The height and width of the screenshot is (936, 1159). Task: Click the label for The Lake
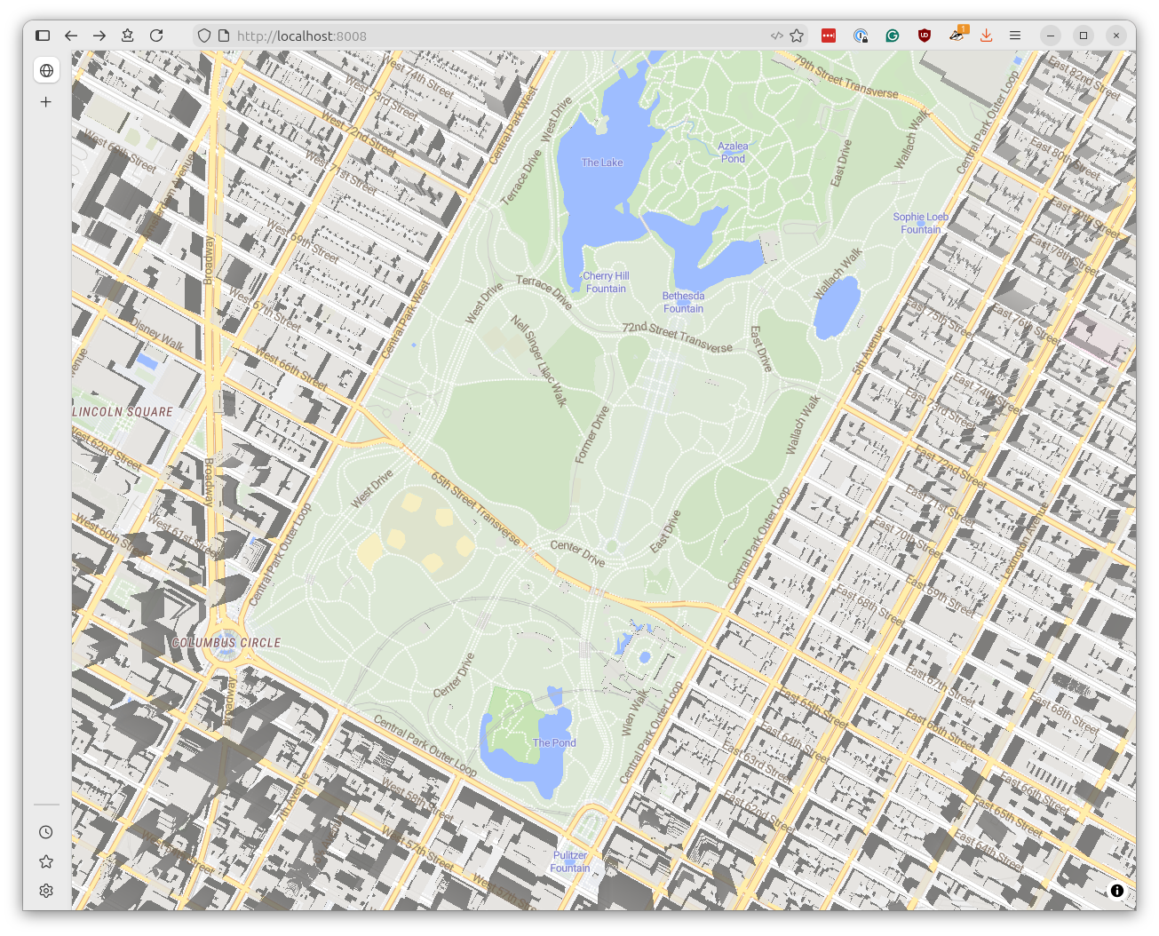(x=602, y=163)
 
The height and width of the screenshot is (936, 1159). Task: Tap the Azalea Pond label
(x=733, y=152)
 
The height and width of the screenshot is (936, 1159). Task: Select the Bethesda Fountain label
(x=683, y=302)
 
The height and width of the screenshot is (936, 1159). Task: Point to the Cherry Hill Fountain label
(x=606, y=282)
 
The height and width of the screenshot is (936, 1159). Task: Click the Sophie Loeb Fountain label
(x=920, y=223)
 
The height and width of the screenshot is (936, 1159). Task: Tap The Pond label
(x=554, y=742)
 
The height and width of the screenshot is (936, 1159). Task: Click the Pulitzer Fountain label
(x=570, y=861)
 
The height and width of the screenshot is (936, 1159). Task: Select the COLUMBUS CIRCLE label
(x=226, y=642)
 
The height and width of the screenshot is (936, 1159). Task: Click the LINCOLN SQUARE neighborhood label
(x=123, y=412)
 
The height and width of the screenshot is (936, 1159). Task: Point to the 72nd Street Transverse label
(x=677, y=337)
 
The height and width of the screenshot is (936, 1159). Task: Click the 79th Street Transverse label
(x=845, y=77)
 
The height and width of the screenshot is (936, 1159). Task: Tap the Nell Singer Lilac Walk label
(x=539, y=360)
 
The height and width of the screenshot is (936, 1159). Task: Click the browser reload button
(x=156, y=36)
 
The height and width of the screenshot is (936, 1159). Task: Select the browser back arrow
(x=71, y=36)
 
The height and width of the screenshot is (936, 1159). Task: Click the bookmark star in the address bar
(x=797, y=36)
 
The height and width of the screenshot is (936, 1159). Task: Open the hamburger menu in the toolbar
(x=1015, y=36)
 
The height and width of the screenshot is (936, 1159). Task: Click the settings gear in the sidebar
(x=46, y=891)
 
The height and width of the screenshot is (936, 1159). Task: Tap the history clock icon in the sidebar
(x=46, y=832)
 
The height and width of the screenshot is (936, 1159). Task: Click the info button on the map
(x=1117, y=891)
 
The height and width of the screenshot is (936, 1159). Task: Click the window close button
(x=1116, y=36)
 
